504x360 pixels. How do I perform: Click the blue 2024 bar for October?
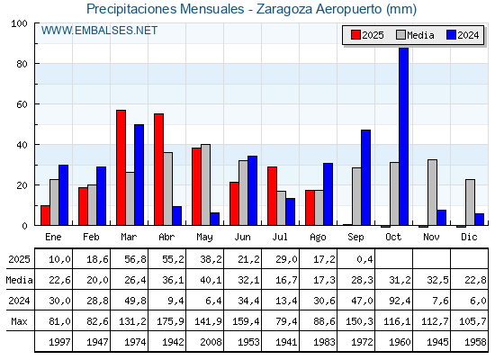[x=403, y=136]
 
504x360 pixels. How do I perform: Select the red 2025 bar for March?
[x=121, y=167]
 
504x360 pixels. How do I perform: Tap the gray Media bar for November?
[x=432, y=193]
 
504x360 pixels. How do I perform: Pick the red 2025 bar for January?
[x=45, y=215]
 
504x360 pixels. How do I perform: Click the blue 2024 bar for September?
[x=365, y=177]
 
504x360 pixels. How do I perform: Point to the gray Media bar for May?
[x=206, y=184]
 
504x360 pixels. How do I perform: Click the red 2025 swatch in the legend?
[x=355, y=35]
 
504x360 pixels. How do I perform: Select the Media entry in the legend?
[x=415, y=35]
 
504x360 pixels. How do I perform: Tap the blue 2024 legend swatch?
[x=451, y=35]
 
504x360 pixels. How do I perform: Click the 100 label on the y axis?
[x=19, y=23]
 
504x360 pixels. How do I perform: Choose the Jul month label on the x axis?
[x=280, y=237]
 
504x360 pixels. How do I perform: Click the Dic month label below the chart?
[x=469, y=237]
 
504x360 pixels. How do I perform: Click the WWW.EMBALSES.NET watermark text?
[x=99, y=31]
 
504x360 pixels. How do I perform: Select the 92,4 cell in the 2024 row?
[x=400, y=301]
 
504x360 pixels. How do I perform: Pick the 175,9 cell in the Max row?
[x=170, y=321]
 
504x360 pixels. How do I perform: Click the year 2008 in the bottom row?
[x=211, y=342]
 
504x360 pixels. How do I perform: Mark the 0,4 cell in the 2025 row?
[x=364, y=259]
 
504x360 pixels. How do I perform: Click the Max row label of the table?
[x=19, y=321]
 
